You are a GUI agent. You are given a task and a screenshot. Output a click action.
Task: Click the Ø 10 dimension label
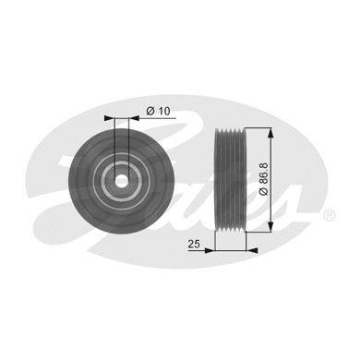click(x=158, y=111)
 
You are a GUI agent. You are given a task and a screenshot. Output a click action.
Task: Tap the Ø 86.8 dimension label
click(x=264, y=179)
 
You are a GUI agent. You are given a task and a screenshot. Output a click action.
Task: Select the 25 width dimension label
click(x=194, y=244)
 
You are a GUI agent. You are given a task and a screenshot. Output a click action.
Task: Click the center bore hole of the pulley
click(x=122, y=180)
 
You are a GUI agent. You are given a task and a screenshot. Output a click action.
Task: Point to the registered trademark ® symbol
click(x=329, y=214)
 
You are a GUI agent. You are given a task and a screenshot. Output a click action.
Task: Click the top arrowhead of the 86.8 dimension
click(x=271, y=134)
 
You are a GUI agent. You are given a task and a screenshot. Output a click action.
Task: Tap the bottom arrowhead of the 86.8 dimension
click(x=271, y=226)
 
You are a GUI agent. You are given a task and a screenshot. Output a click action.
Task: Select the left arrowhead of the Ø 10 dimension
click(x=109, y=118)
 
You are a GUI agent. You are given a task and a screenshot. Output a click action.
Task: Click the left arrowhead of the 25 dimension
click(x=209, y=250)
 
